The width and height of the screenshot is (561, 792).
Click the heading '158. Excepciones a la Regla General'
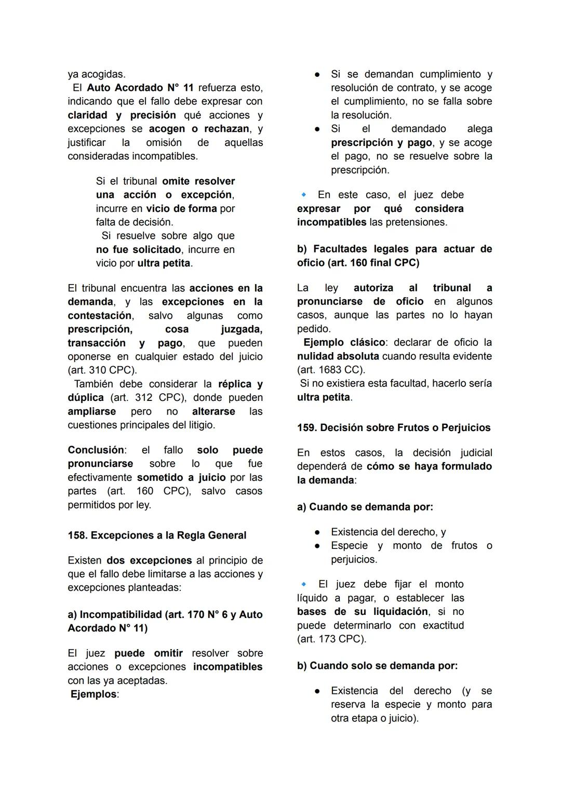(157, 535)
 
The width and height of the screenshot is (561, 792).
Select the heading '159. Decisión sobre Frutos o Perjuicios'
(394, 427)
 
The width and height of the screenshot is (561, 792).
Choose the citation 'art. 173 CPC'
(331, 639)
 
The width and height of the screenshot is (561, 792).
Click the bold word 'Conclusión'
(96, 450)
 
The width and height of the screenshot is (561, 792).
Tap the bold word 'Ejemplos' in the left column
(94, 694)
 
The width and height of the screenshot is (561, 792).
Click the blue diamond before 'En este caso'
(304, 195)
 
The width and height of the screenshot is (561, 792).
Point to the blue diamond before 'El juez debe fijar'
(304, 584)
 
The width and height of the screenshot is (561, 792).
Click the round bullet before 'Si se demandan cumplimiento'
(317, 74)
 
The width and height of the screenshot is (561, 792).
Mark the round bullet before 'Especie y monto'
(317, 546)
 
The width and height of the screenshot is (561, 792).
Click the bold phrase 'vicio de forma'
(181, 208)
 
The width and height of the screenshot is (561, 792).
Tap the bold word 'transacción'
(97, 343)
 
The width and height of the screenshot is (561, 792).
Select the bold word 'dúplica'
(86, 397)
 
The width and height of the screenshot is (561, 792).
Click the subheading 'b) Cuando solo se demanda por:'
(377, 665)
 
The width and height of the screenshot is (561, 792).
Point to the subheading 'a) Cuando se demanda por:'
(365, 506)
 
